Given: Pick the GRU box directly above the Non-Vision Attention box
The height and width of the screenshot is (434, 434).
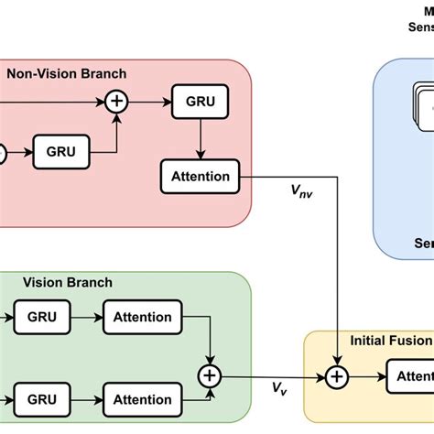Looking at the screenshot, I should click(199, 102).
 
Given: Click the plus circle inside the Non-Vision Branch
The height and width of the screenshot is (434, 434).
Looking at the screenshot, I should click(116, 102).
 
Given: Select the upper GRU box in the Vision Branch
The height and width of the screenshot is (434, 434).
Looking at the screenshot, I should click(42, 317).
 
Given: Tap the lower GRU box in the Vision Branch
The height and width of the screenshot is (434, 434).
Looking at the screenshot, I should click(42, 399).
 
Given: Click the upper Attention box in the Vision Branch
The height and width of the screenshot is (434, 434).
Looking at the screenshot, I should click(143, 317).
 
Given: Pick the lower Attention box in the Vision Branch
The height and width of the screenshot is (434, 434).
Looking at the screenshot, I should click(143, 399).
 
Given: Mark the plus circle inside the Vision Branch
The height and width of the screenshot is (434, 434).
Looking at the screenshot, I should click(211, 375).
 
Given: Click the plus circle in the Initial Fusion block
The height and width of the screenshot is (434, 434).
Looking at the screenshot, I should click(338, 375).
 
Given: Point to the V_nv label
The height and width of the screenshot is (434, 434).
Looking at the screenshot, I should click(300, 191).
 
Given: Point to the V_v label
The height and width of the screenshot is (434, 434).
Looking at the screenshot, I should click(277, 390).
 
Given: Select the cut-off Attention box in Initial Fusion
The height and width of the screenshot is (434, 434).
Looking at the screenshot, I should click(410, 375).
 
